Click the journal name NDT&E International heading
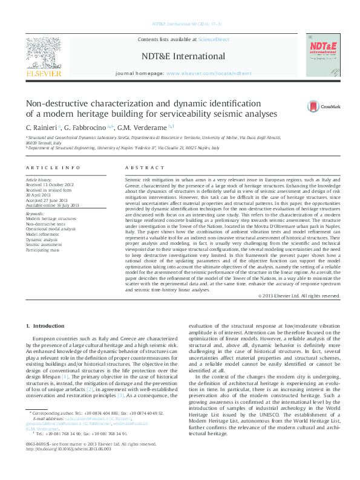(x=183, y=56)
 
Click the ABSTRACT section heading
(x=140, y=167)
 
